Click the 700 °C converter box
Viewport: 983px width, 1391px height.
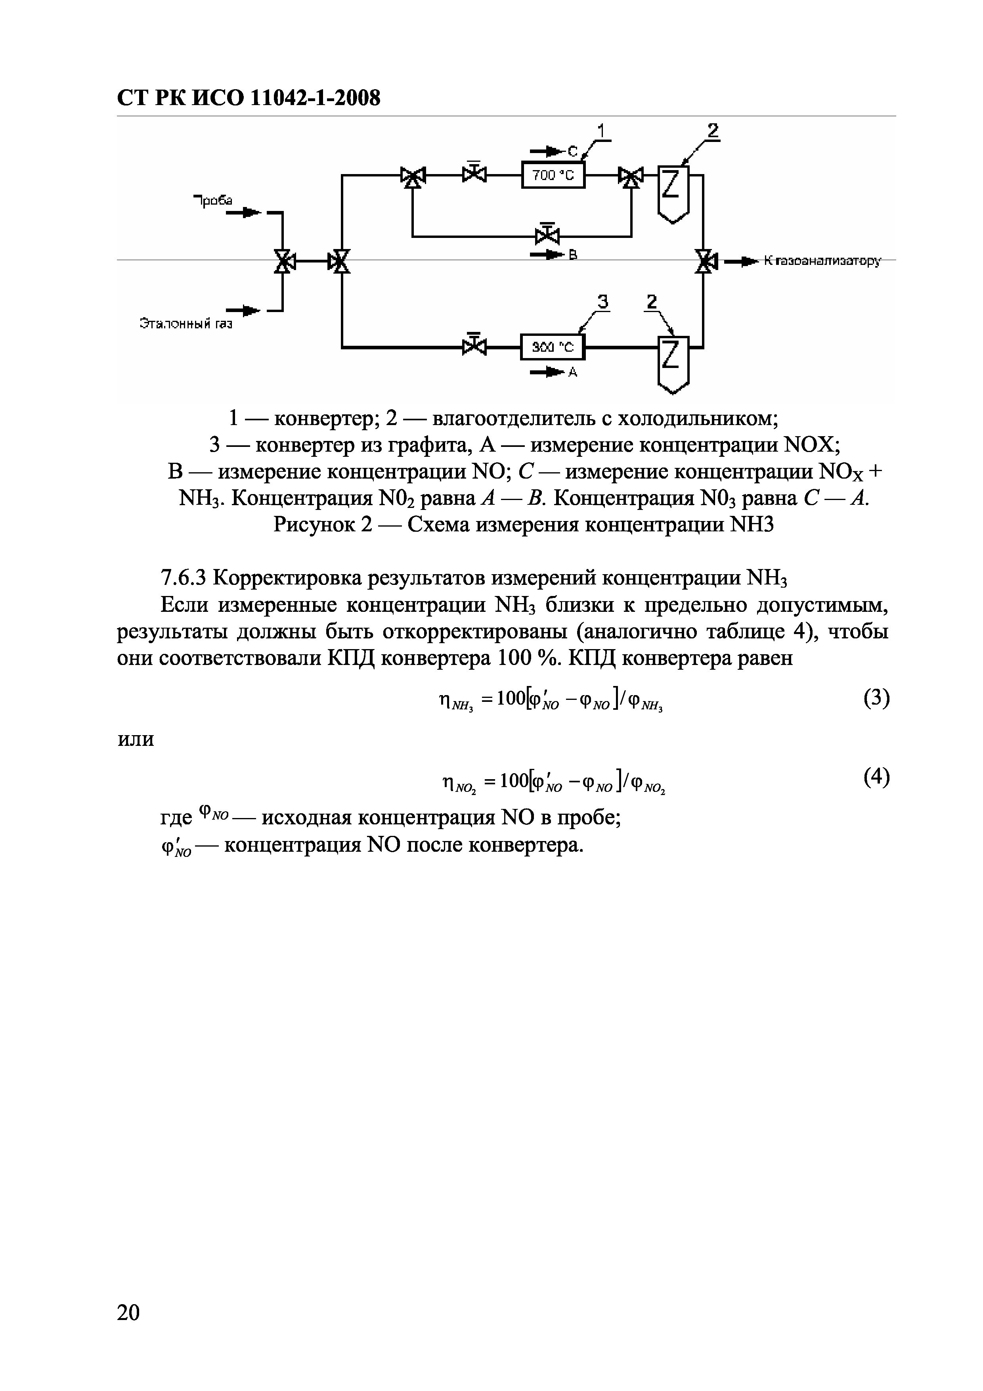coord(553,176)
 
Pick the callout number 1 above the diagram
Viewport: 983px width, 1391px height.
coord(601,131)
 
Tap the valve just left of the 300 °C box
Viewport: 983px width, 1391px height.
coord(474,347)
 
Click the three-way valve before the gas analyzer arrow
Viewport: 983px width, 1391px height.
coord(704,262)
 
